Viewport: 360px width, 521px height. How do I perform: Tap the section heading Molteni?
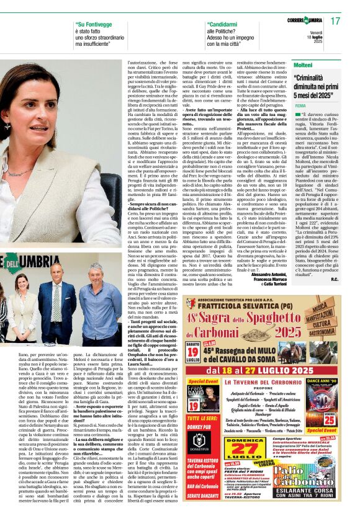[x=303, y=65]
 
